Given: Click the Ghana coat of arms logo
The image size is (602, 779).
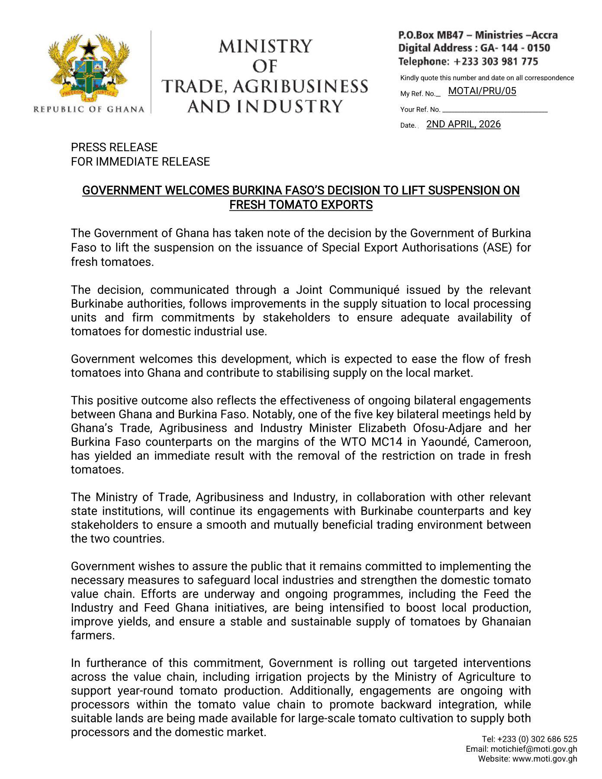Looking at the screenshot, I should (89, 69).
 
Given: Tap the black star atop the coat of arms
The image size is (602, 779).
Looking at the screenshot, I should (89, 47).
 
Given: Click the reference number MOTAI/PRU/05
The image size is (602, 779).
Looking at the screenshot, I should (482, 91).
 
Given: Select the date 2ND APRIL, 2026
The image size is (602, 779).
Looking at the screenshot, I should (464, 124).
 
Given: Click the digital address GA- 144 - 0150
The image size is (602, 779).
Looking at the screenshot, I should (515, 48).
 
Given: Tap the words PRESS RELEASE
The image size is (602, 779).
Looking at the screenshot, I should (114, 147).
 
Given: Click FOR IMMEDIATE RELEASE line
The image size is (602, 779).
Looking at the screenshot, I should (140, 161).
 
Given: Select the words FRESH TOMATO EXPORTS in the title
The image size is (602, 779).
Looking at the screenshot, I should (301, 205).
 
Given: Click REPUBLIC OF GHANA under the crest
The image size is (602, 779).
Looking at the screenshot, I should (89, 109).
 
